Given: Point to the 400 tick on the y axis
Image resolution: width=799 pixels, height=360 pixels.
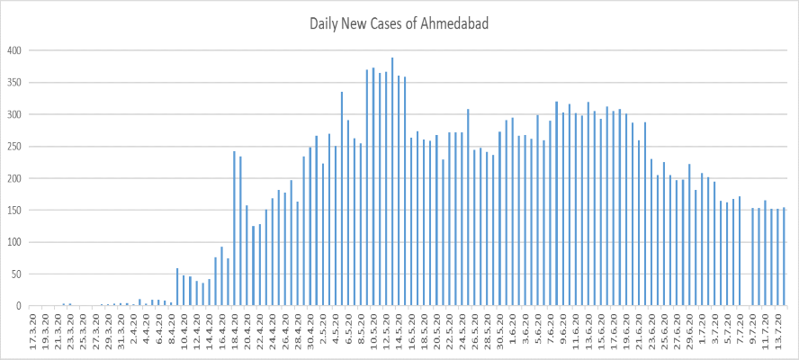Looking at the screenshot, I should point(13,50).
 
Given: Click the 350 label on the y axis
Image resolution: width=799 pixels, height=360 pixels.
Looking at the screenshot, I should point(13,83).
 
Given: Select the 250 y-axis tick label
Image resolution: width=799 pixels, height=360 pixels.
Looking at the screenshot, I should point(13,147).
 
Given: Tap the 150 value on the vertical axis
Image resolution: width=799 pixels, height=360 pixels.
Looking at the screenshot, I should point(13,211).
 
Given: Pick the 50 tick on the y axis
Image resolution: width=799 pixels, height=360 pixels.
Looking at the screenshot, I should point(16,274).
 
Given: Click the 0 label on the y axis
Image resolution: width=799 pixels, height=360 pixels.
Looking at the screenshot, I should point(19,306).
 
